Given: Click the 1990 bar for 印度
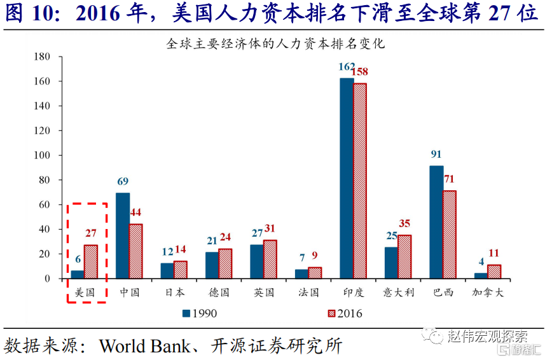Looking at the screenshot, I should tap(347, 178).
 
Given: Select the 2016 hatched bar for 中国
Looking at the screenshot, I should tap(135, 251).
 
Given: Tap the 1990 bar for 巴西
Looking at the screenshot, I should tap(436, 222).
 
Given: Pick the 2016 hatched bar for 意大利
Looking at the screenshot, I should tap(404, 257).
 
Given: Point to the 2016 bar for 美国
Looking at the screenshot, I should tap(90, 262).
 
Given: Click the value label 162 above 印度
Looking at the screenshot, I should tap(347, 67).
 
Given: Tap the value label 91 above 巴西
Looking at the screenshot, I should tap(436, 155).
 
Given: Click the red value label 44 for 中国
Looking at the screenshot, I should tap(136, 212).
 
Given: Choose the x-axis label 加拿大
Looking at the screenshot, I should tap(486, 293).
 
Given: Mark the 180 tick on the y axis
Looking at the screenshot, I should tap(42, 57).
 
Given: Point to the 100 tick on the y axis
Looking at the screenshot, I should tap(42, 155).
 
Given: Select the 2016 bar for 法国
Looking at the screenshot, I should tap(315, 273).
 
